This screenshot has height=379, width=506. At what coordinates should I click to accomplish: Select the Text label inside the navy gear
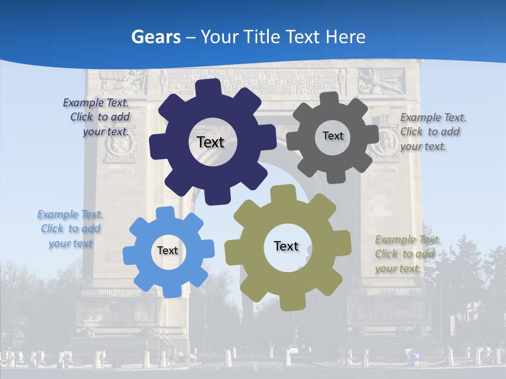(x=210, y=142)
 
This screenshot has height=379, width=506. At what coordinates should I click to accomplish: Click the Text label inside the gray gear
(x=333, y=136)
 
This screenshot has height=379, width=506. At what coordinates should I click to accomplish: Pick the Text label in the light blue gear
(x=167, y=251)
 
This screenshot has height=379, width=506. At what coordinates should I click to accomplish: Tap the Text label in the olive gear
(x=286, y=246)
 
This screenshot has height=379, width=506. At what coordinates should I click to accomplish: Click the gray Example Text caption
(x=432, y=132)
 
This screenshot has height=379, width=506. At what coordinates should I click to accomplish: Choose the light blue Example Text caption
(x=71, y=228)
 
